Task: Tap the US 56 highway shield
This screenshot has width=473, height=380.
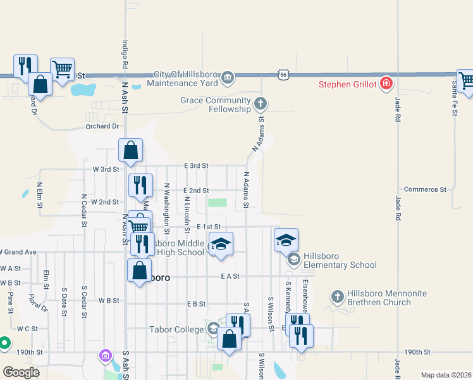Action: [282, 75]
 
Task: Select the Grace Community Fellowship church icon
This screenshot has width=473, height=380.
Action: [260, 103]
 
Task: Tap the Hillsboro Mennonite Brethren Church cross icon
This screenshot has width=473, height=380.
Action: [338, 296]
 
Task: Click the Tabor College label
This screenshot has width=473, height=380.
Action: [176, 329]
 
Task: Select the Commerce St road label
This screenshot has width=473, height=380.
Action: [425, 189]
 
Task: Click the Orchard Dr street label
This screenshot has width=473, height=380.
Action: [102, 127]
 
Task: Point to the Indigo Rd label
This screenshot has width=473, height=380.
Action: [125, 56]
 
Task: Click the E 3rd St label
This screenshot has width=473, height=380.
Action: [196, 165]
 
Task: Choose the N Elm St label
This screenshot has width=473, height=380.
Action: [39, 196]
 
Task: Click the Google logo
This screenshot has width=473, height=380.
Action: [21, 372]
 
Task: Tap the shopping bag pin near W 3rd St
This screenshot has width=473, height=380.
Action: [130, 151]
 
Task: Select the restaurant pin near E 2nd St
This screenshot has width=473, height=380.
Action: [140, 185]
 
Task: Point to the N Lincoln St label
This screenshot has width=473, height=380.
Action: [187, 213]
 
